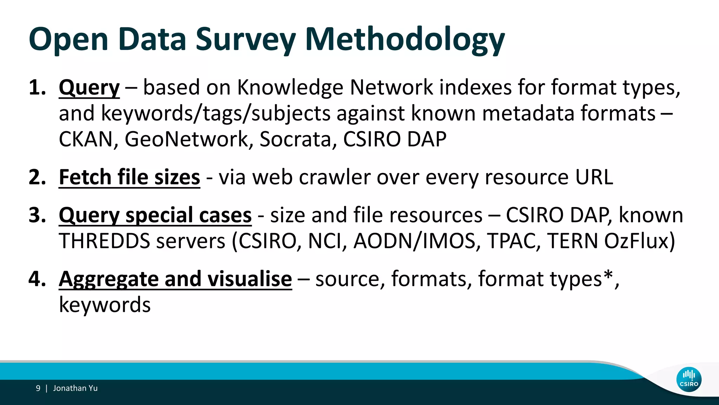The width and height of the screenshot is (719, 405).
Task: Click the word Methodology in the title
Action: pos(405,39)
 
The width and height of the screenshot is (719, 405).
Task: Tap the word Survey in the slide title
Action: pos(245,39)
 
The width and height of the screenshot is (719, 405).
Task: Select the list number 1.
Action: pos(37,87)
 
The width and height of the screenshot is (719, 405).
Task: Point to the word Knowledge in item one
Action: pos(290,87)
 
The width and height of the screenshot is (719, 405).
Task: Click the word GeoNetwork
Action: pos(186,139)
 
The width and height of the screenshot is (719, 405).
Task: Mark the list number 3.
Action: pos(37,215)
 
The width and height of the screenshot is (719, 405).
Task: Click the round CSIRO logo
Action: pos(689,379)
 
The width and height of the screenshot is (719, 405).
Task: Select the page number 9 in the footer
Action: pos(38,388)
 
